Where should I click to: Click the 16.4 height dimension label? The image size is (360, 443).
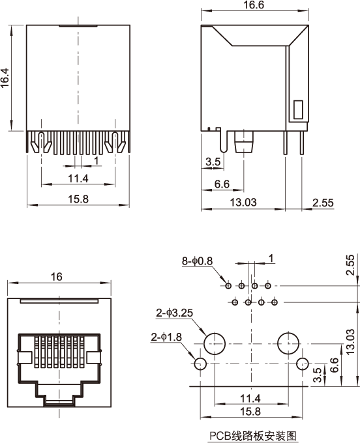pyautogui.click(x=5, y=78)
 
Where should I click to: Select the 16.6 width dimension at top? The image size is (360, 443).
pyautogui.click(x=254, y=5)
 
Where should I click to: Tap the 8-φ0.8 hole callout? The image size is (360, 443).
pyautogui.click(x=197, y=261)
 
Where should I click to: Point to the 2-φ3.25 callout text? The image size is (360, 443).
pyautogui.click(x=175, y=313)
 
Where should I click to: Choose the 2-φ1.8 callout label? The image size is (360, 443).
pyautogui.click(x=166, y=337)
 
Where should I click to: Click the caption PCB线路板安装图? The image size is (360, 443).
pyautogui.click(x=253, y=436)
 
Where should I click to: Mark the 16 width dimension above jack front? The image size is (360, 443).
pyautogui.click(x=57, y=277)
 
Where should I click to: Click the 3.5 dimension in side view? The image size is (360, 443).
pyautogui.click(x=213, y=162)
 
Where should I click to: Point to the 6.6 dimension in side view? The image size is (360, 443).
pyautogui.click(x=222, y=184)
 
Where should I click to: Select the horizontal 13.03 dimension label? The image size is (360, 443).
pyautogui.click(x=243, y=203)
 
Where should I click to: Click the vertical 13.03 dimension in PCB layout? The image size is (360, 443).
pyautogui.click(x=350, y=342)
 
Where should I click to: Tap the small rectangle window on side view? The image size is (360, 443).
pyautogui.click(x=298, y=109)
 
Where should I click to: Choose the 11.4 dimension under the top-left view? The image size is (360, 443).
pyautogui.click(x=78, y=179)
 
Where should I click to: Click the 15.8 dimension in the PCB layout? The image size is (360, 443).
pyautogui.click(x=250, y=412)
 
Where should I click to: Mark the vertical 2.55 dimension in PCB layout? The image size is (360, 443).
pyautogui.click(x=350, y=265)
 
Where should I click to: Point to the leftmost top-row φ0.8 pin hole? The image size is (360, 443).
pyautogui.click(x=228, y=286)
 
